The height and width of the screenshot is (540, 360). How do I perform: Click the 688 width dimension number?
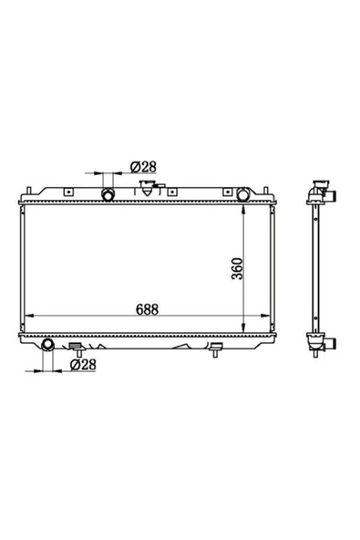147,309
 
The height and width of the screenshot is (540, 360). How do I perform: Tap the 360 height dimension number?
237,268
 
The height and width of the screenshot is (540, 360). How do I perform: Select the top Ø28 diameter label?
143,167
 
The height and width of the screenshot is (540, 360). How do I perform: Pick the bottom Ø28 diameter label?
83,364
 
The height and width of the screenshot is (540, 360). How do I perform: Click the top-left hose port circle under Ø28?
108,194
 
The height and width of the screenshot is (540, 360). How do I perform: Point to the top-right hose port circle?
243,194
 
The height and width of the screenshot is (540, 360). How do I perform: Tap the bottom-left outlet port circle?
47,344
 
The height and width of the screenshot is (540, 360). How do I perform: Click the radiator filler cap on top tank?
148,188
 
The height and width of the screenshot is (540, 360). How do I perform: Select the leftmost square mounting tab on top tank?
69,192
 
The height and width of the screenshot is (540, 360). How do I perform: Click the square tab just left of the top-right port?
227,192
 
